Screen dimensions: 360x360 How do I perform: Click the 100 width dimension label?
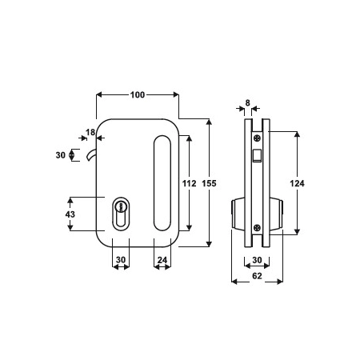[x=138, y=94]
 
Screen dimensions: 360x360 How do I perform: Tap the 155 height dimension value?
[x=209, y=183]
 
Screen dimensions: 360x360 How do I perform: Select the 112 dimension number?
[x=189, y=183]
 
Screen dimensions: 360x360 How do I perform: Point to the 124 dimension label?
[x=297, y=183]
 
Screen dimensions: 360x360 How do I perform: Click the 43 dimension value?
[x=70, y=214]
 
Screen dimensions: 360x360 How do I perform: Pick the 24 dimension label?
[x=162, y=260]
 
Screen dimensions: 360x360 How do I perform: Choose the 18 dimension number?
[x=90, y=132]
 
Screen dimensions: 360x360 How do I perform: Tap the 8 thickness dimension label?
[x=248, y=102]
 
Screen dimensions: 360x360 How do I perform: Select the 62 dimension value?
[x=257, y=276]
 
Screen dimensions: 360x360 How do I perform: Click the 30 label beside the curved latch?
[x=61, y=155]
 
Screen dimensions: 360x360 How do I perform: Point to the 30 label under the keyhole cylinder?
[x=121, y=260]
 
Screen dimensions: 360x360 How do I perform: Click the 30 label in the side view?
[x=257, y=260]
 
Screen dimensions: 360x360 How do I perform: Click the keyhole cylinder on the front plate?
[x=121, y=214]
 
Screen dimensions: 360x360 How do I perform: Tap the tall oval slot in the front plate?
[x=162, y=183]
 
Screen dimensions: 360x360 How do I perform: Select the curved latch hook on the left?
[x=90, y=154]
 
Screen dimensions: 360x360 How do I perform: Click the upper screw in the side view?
[x=258, y=138]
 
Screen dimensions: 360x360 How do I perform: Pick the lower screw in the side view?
[x=258, y=227]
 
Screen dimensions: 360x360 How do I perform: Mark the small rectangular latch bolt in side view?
[x=257, y=155]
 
